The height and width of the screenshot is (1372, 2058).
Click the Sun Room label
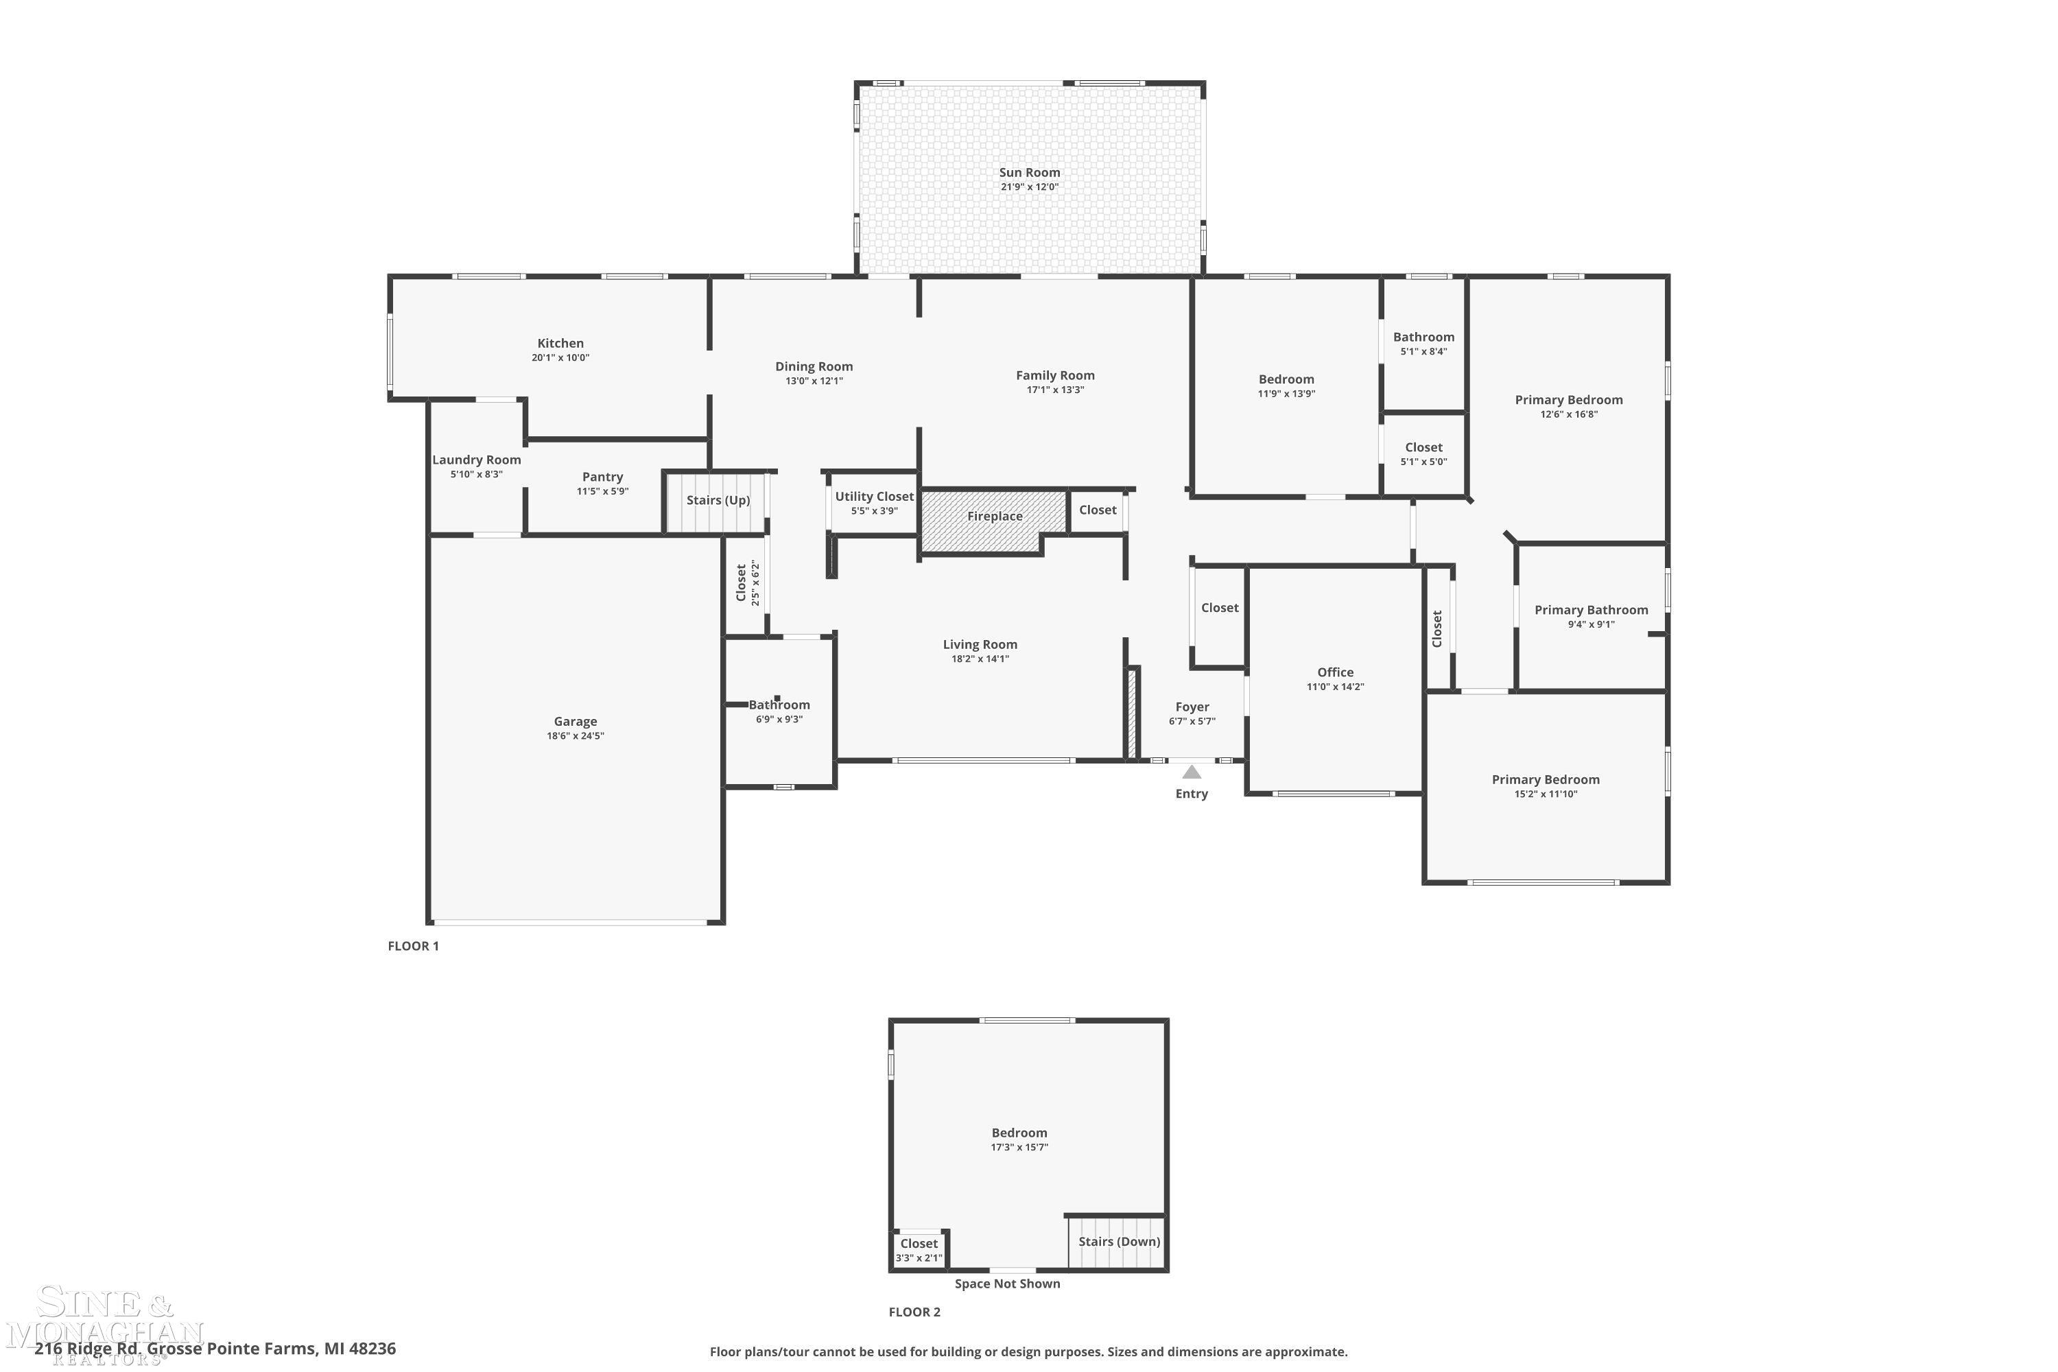tap(1029, 172)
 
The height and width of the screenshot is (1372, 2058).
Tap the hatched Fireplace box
tap(994, 521)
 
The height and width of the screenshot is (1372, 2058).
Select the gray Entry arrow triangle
tap(1191, 772)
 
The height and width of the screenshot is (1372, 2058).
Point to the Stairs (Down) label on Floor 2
tap(1119, 1242)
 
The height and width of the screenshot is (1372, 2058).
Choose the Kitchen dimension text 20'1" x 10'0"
tap(560, 358)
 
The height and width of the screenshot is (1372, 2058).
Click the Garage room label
tap(575, 722)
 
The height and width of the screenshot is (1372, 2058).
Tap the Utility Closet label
tap(874, 496)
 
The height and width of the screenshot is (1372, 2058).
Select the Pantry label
tap(602, 477)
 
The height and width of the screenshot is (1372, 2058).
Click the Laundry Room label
tap(476, 460)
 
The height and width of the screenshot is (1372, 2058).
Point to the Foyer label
tap(1192, 707)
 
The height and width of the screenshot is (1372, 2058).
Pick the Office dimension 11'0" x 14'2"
tap(1335, 687)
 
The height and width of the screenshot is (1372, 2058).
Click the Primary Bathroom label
tap(1591, 610)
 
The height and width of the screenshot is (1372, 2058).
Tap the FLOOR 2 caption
tap(914, 1312)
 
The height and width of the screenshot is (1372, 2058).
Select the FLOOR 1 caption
tap(413, 946)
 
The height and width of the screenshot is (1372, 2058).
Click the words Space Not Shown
tap(1007, 1284)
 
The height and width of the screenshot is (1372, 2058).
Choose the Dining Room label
tap(814, 366)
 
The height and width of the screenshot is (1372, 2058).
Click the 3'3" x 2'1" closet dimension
tap(919, 1258)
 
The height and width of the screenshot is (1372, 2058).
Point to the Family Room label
tap(1055, 375)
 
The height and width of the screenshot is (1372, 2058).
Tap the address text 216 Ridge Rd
tap(88, 1349)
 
